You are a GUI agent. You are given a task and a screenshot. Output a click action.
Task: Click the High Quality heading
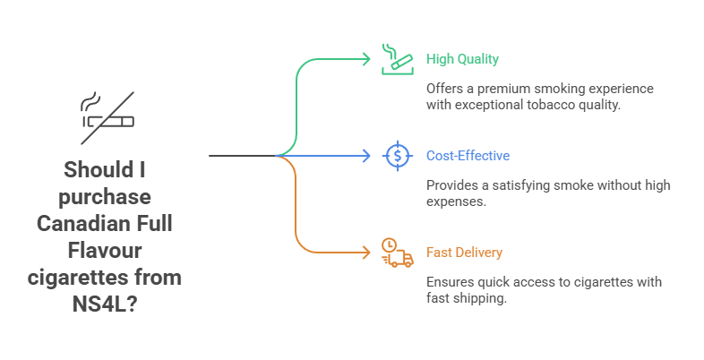[462, 59]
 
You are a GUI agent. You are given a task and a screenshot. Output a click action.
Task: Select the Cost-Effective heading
[468, 156]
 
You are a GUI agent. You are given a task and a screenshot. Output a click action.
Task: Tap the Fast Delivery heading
[464, 253]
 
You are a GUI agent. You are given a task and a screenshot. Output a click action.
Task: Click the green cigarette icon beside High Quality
[396, 58]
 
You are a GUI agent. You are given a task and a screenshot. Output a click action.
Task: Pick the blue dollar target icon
[396, 156]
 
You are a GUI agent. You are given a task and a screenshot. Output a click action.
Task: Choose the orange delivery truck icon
[396, 253]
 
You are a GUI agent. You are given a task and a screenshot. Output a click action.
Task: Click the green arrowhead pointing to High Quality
[365, 59]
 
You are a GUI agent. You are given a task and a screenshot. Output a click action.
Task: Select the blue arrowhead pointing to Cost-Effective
[365, 156]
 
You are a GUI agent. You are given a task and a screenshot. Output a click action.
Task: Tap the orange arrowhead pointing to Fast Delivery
[365, 253]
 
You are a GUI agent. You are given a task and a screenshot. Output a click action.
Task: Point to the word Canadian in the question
[82, 224]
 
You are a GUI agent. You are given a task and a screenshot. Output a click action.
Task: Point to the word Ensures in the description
[450, 282]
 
